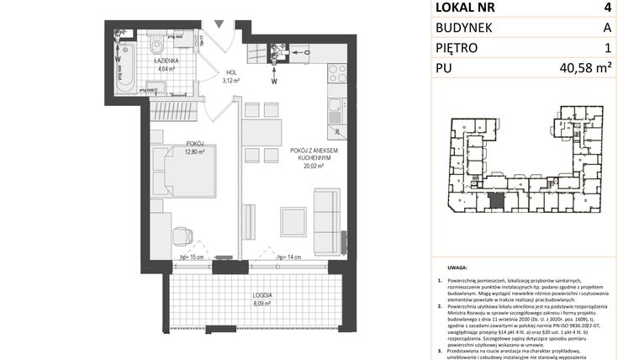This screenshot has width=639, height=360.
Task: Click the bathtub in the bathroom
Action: (127, 71)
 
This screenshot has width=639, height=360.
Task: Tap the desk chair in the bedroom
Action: (181, 238)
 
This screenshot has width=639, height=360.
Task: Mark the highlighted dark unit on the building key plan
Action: (497, 201)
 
